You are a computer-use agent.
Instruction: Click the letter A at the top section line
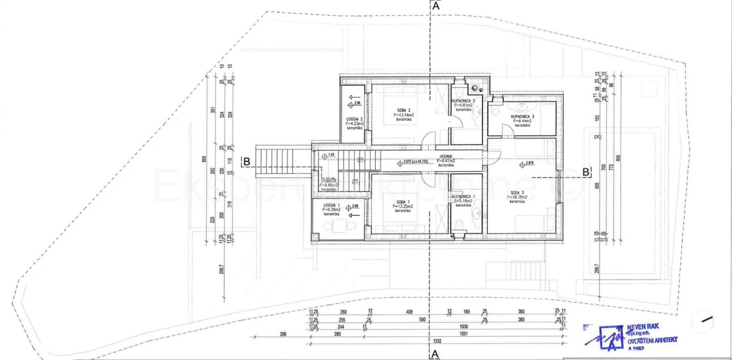[x=436, y=5]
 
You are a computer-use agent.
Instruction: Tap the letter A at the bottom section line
[x=436, y=353]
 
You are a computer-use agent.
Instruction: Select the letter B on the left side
[x=246, y=162]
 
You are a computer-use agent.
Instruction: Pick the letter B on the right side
[x=586, y=172]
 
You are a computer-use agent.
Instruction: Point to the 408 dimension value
[x=409, y=312]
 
